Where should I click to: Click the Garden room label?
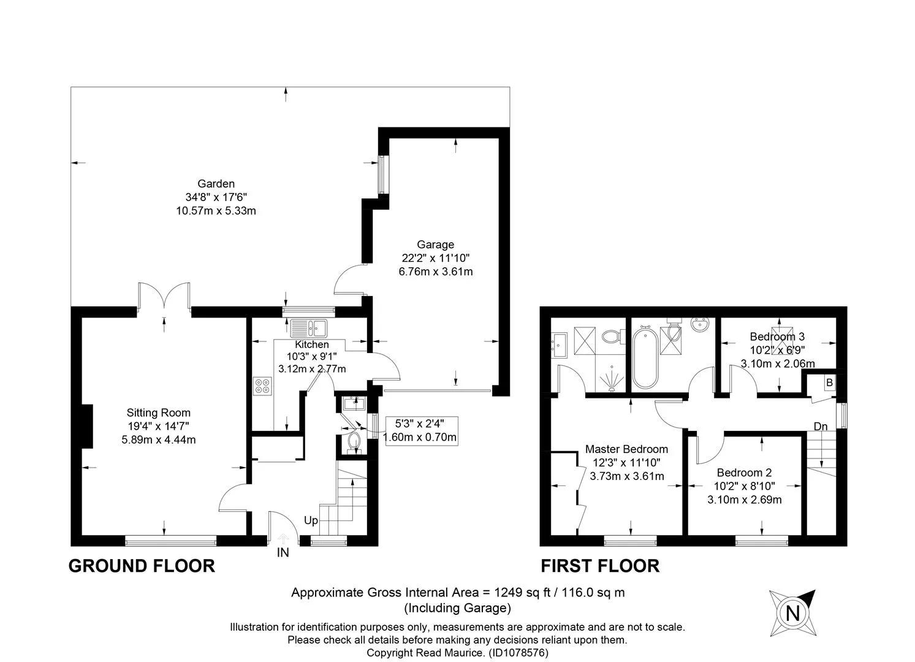216,184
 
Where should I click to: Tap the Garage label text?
436,245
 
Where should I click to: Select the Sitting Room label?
159,413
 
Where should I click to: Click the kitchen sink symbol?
309,328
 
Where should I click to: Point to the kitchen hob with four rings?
263,386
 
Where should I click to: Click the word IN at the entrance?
283,552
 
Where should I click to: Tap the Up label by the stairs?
311,520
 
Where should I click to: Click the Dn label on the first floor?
821,427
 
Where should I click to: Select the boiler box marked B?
829,383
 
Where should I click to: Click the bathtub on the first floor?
645,357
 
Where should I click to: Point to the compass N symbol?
793,614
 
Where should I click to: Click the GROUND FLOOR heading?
142,566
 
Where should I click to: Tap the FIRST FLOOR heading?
600,566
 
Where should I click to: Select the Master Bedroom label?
626,449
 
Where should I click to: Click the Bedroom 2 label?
744,473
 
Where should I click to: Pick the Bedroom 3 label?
777,337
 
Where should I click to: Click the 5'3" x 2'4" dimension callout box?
422,431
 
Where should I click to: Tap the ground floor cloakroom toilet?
354,443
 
